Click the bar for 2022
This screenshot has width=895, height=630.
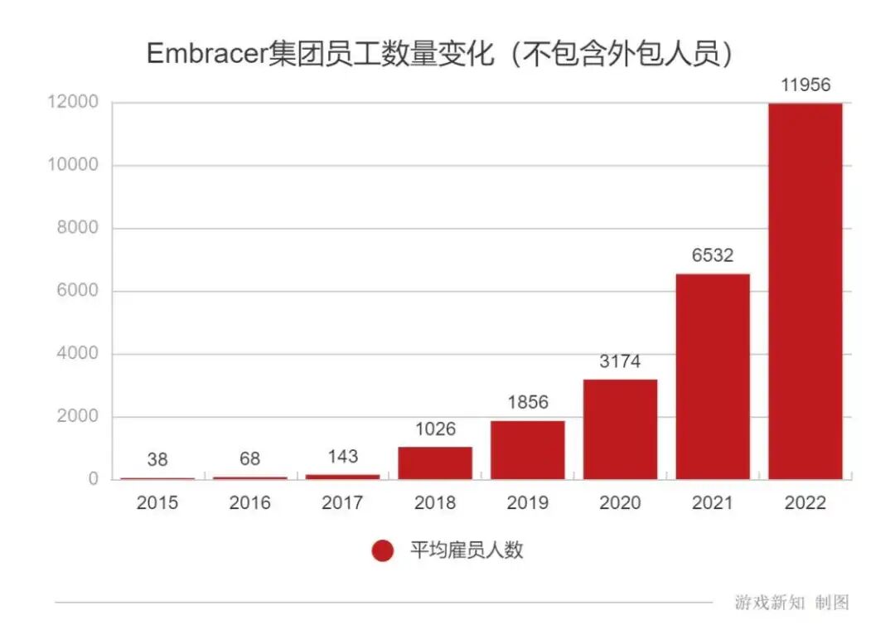(805, 291)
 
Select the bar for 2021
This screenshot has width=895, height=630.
(713, 376)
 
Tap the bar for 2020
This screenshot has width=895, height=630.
(620, 429)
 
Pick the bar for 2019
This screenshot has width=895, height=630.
(527, 450)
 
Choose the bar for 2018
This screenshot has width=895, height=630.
(435, 463)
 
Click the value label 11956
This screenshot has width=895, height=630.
(805, 85)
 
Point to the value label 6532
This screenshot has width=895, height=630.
(713, 255)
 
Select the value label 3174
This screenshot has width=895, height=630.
(620, 361)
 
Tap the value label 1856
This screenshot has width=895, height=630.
(527, 403)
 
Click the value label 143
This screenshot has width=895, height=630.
(342, 456)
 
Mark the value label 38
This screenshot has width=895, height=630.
(157, 459)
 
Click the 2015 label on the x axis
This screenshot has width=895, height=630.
(157, 502)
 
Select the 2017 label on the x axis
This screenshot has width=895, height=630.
(342, 502)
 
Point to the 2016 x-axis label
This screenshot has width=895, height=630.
(249, 502)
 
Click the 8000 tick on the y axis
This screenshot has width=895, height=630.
(77, 229)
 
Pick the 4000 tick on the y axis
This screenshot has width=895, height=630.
(77, 354)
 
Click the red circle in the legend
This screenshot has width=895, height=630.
(383, 550)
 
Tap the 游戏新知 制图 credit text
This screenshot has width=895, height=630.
(791, 603)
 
